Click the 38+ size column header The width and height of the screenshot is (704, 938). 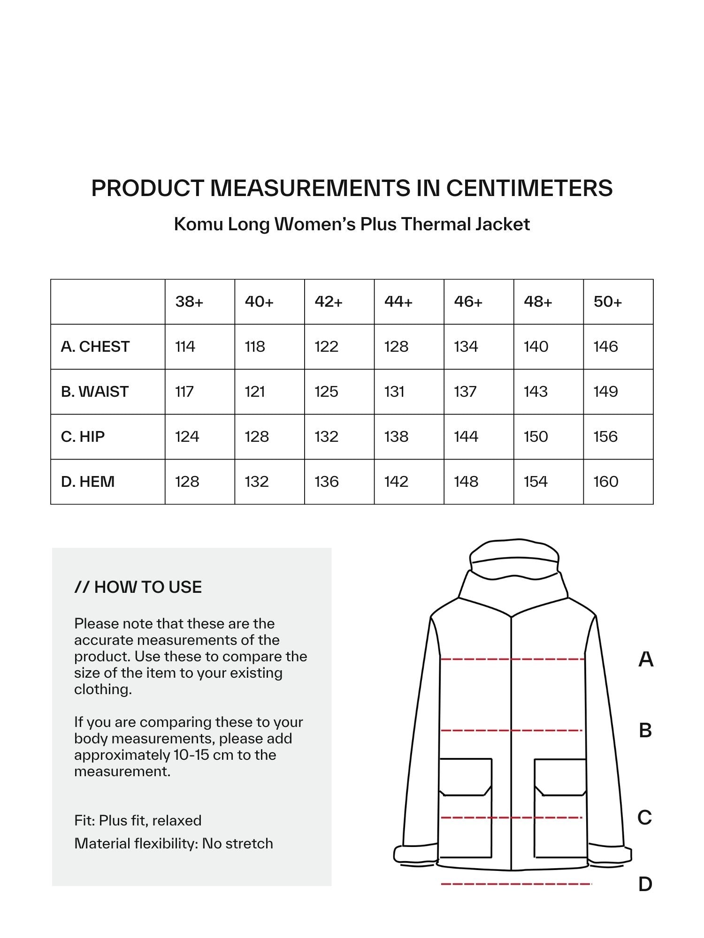(x=189, y=302)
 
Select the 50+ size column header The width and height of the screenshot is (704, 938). (x=607, y=302)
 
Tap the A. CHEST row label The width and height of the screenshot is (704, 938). (x=95, y=347)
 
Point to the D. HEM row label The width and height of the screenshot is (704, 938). (x=88, y=482)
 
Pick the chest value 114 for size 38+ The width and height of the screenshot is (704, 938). (x=185, y=347)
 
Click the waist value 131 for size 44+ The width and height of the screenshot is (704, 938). (x=394, y=392)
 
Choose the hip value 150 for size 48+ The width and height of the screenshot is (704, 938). (x=536, y=437)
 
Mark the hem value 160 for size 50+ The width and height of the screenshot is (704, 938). (x=605, y=482)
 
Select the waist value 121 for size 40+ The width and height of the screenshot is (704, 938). (x=255, y=392)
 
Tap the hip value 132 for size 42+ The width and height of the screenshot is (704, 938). (x=326, y=437)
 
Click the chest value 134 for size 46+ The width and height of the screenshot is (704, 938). (x=466, y=347)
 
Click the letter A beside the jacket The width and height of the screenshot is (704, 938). (x=646, y=659)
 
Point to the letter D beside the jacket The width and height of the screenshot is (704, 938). (x=645, y=884)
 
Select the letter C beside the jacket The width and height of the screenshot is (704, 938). (x=645, y=817)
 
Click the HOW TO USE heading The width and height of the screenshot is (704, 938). (x=138, y=587)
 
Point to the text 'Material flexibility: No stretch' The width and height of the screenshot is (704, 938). (x=174, y=844)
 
